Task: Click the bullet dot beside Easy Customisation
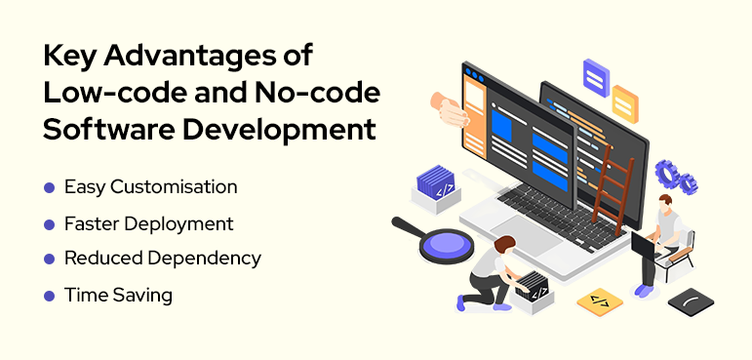pos(49,186)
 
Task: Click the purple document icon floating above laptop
pos(595,76)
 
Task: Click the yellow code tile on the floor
pos(599,301)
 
